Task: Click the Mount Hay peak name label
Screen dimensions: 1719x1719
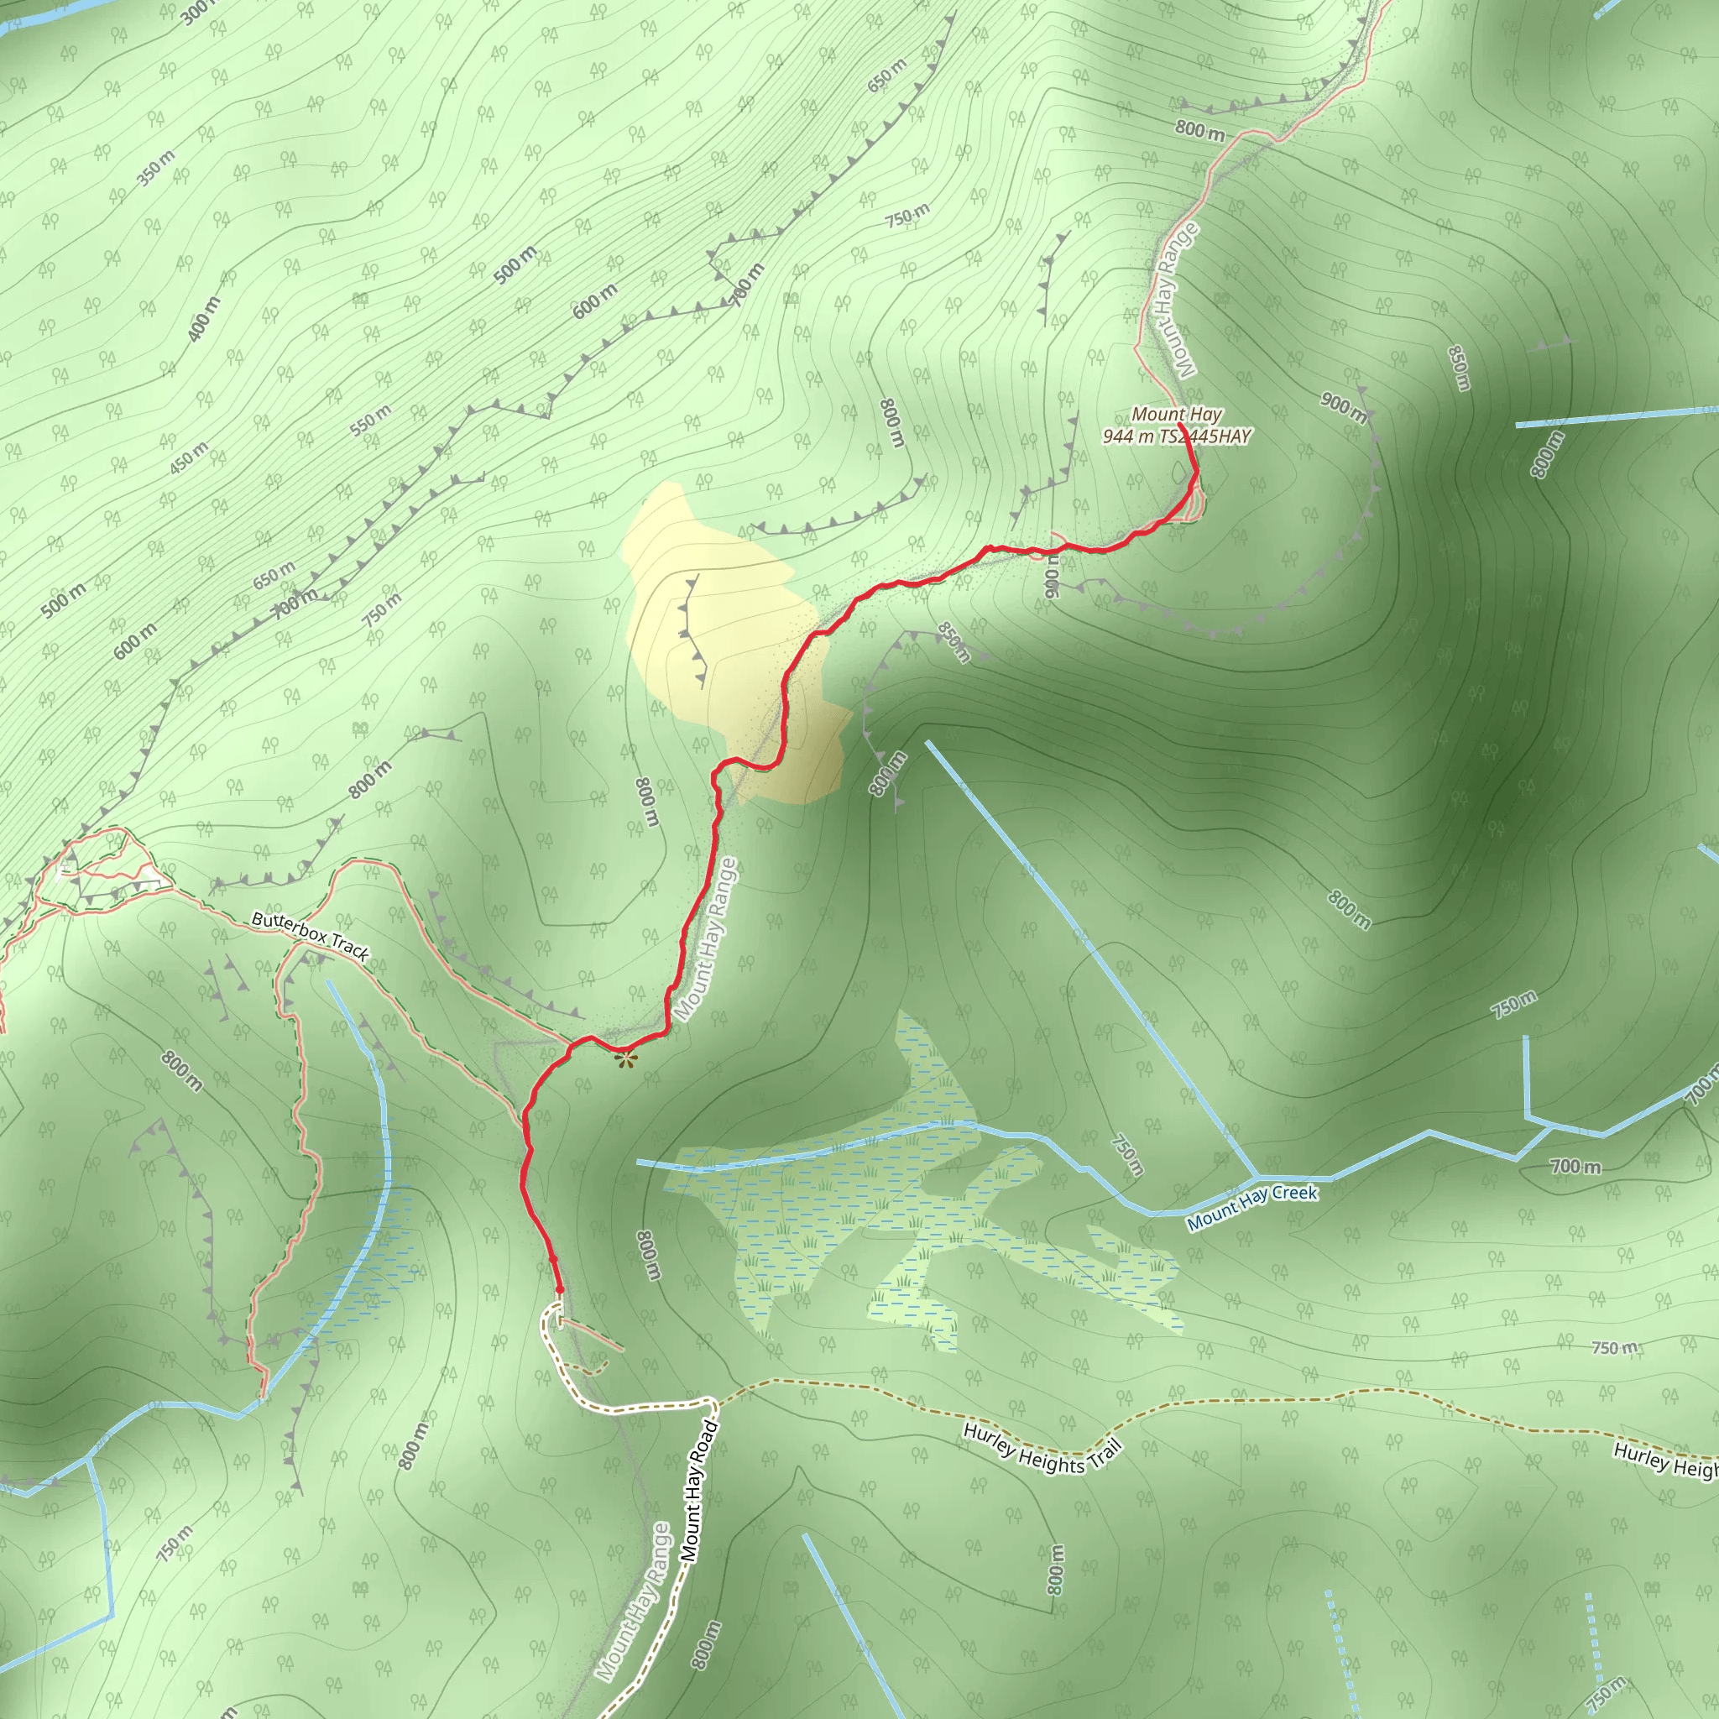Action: [1176, 415]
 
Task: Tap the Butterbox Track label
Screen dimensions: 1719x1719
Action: [310, 935]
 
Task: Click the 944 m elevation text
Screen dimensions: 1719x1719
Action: [1127, 436]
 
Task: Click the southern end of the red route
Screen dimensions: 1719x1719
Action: [560, 1290]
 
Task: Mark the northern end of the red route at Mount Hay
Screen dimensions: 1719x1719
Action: [1181, 426]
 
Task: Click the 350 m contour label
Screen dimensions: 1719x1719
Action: [156, 168]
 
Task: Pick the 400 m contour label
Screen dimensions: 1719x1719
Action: [204, 318]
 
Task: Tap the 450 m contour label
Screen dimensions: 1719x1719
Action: [189, 457]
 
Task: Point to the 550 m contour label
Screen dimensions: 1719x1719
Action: [370, 420]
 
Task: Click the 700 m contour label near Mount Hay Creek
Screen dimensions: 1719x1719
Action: [1575, 1166]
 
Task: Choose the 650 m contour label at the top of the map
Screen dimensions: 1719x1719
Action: [887, 76]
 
